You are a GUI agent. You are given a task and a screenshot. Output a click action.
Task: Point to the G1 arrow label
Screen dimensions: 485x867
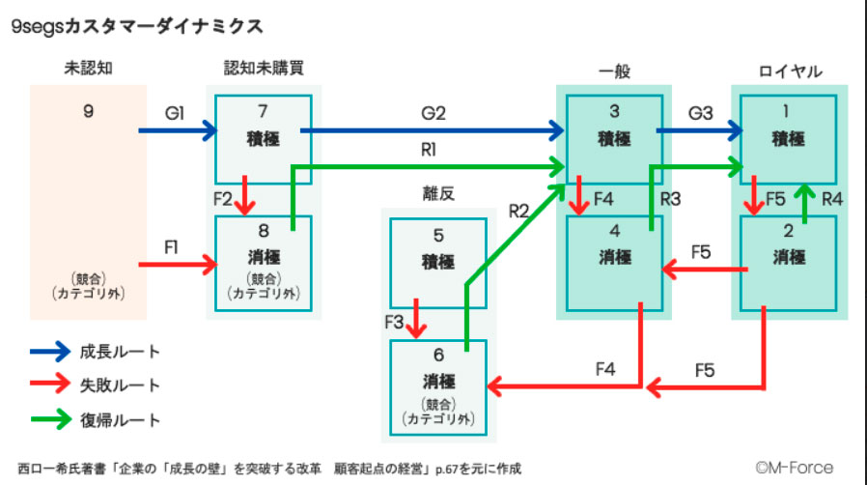pos(175,113)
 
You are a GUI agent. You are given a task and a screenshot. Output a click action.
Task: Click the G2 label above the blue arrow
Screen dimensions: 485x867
pos(433,113)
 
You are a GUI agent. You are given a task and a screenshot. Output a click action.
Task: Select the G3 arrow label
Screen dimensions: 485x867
pos(700,113)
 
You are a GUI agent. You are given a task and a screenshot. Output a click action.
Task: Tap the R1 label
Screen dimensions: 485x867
pos(429,151)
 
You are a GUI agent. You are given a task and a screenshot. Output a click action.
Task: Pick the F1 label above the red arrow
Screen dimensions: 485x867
pos(172,246)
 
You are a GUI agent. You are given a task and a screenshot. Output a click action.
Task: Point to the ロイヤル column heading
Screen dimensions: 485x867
pos(790,71)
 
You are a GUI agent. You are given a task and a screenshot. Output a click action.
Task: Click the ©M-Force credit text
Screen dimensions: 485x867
pos(794,468)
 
